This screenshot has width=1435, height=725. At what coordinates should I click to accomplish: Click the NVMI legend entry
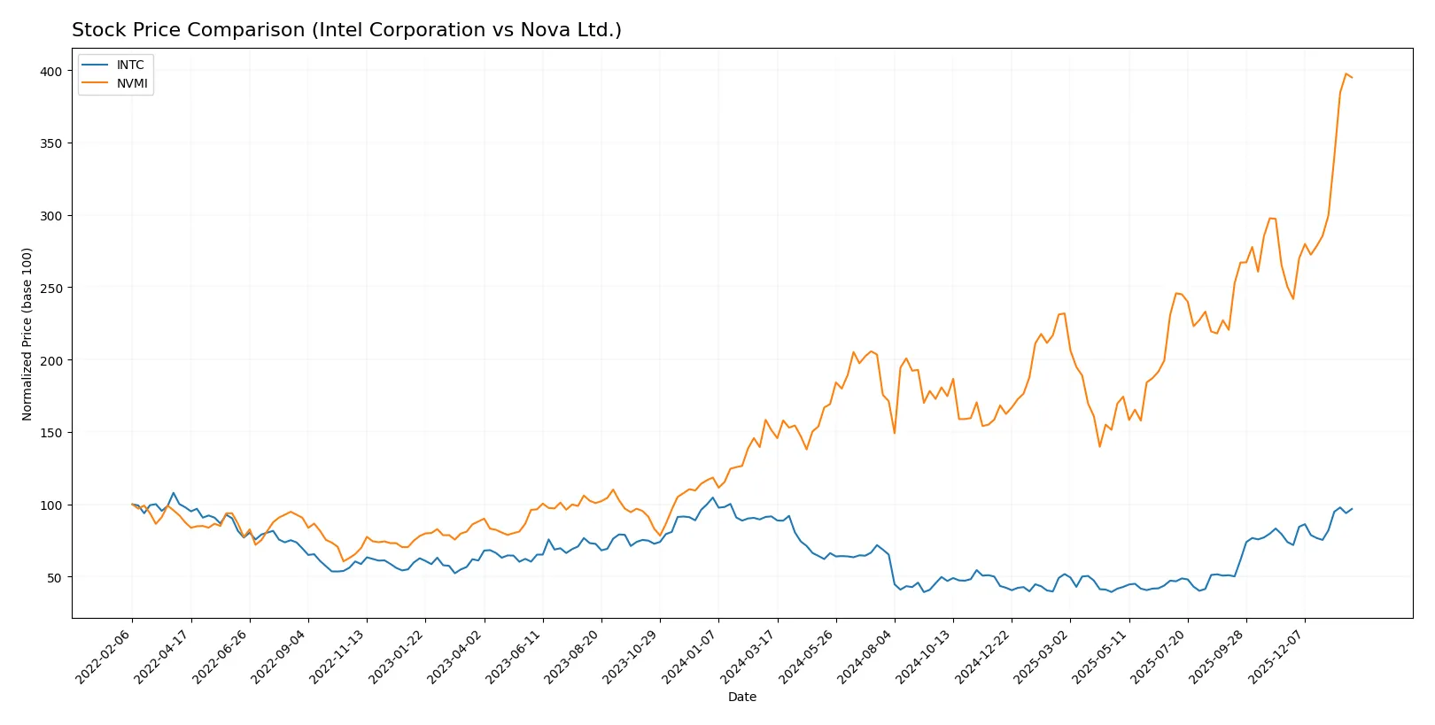(x=131, y=84)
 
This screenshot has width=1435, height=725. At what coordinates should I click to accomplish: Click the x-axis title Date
(x=741, y=697)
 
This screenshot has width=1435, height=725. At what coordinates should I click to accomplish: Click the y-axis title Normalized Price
(x=27, y=334)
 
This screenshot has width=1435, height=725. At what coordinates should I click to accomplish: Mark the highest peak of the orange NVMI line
(x=1346, y=73)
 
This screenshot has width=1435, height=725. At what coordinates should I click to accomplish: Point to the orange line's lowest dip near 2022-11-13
(x=344, y=561)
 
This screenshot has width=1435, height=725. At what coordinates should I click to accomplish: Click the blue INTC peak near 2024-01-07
(x=712, y=497)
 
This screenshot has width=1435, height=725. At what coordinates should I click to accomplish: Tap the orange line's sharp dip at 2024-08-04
(x=895, y=433)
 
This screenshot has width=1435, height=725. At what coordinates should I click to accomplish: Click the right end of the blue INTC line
(x=1352, y=509)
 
